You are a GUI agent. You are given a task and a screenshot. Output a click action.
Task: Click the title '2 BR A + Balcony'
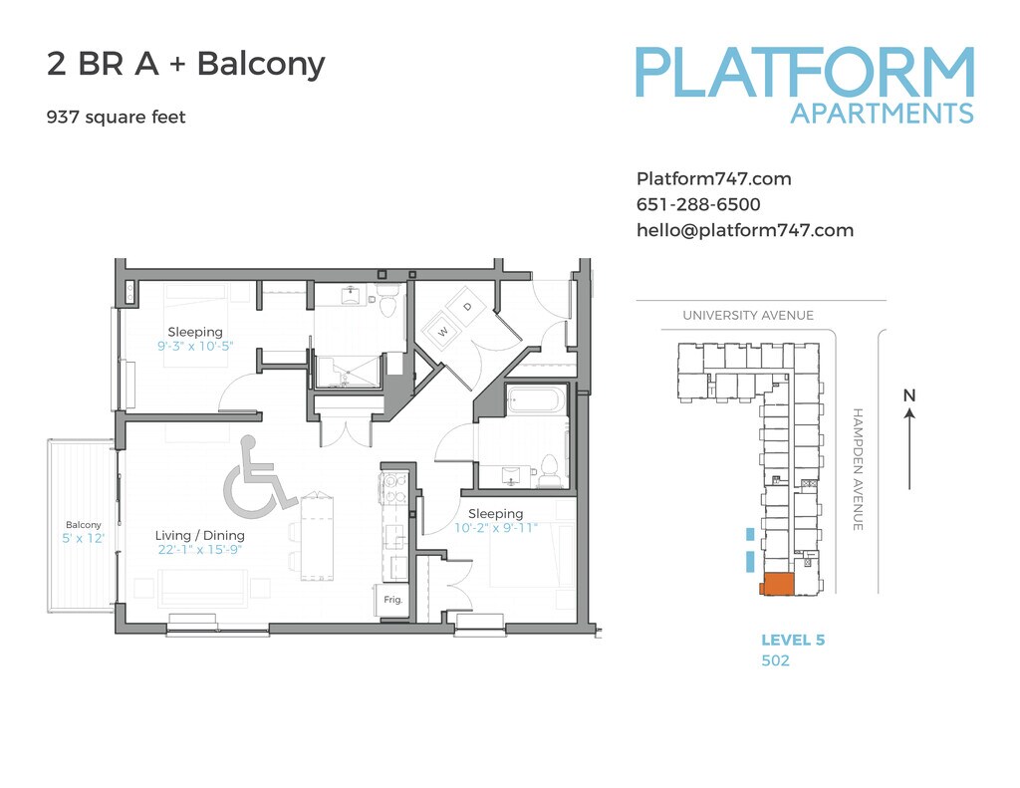point(186,65)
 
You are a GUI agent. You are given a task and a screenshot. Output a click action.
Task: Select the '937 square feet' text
point(117,118)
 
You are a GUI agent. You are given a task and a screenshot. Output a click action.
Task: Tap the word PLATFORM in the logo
point(805,73)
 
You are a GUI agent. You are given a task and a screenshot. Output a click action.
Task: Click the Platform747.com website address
point(713,179)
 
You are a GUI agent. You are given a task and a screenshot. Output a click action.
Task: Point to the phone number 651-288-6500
point(698,205)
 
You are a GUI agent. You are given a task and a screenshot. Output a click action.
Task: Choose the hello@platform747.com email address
point(745,230)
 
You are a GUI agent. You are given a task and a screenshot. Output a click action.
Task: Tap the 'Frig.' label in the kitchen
point(393,600)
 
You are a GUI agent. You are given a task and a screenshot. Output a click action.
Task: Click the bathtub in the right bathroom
point(536,400)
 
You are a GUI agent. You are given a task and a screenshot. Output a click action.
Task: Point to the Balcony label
point(84,525)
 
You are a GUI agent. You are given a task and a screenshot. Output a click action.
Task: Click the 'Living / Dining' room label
point(199,535)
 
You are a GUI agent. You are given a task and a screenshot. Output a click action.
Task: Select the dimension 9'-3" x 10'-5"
point(196,347)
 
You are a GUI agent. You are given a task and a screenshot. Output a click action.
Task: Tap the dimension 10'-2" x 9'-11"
point(495,528)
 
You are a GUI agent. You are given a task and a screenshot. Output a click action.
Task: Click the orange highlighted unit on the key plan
point(777,585)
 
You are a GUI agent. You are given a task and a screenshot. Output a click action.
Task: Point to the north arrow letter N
point(908,395)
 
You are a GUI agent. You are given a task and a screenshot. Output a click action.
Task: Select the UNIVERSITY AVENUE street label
point(748,316)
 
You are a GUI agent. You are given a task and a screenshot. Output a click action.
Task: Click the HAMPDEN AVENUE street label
point(858,468)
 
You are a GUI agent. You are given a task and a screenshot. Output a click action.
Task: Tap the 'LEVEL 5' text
point(793,641)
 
